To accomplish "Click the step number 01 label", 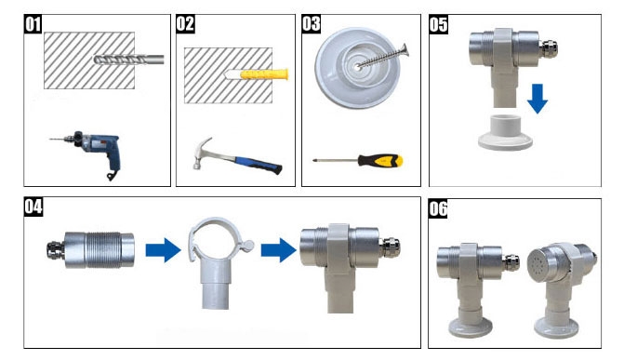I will point(33,24).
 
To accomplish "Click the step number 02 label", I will point(185,24).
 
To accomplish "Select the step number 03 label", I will point(312,24).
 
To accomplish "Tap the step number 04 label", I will point(33,207).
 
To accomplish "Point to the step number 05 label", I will point(438,24).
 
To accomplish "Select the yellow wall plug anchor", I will point(266,73).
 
